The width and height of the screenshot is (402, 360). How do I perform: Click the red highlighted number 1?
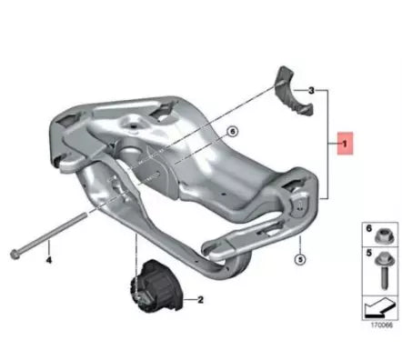coord(344,144)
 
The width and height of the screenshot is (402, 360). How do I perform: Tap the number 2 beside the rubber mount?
coord(200,299)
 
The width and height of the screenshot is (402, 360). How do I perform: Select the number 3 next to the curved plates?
coord(312,92)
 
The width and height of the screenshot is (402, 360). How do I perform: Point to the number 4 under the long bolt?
coord(49,259)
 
